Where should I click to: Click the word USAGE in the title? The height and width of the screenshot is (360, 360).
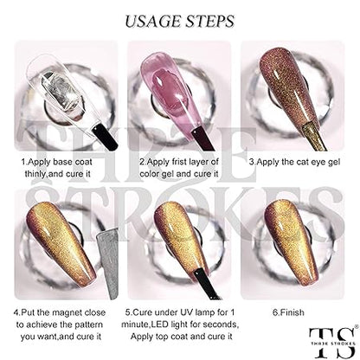click(151, 22)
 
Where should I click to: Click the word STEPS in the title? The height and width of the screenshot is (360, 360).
click(209, 22)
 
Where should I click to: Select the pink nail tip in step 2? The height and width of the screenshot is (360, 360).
click(170, 93)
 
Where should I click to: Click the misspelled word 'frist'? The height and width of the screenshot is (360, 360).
click(177, 162)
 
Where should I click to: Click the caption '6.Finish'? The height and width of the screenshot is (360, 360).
click(288, 312)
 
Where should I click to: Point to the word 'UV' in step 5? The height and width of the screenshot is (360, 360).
click(186, 312)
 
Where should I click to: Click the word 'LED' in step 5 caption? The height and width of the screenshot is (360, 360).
click(161, 325)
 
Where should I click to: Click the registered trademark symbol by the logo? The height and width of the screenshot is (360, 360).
click(357, 326)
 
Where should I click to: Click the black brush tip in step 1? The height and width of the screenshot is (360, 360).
click(106, 137)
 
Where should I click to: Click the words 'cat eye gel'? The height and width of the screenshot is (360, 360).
click(318, 162)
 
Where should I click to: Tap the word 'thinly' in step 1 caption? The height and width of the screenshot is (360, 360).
click(35, 174)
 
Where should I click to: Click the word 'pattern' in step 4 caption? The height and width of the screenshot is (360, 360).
click(88, 325)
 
